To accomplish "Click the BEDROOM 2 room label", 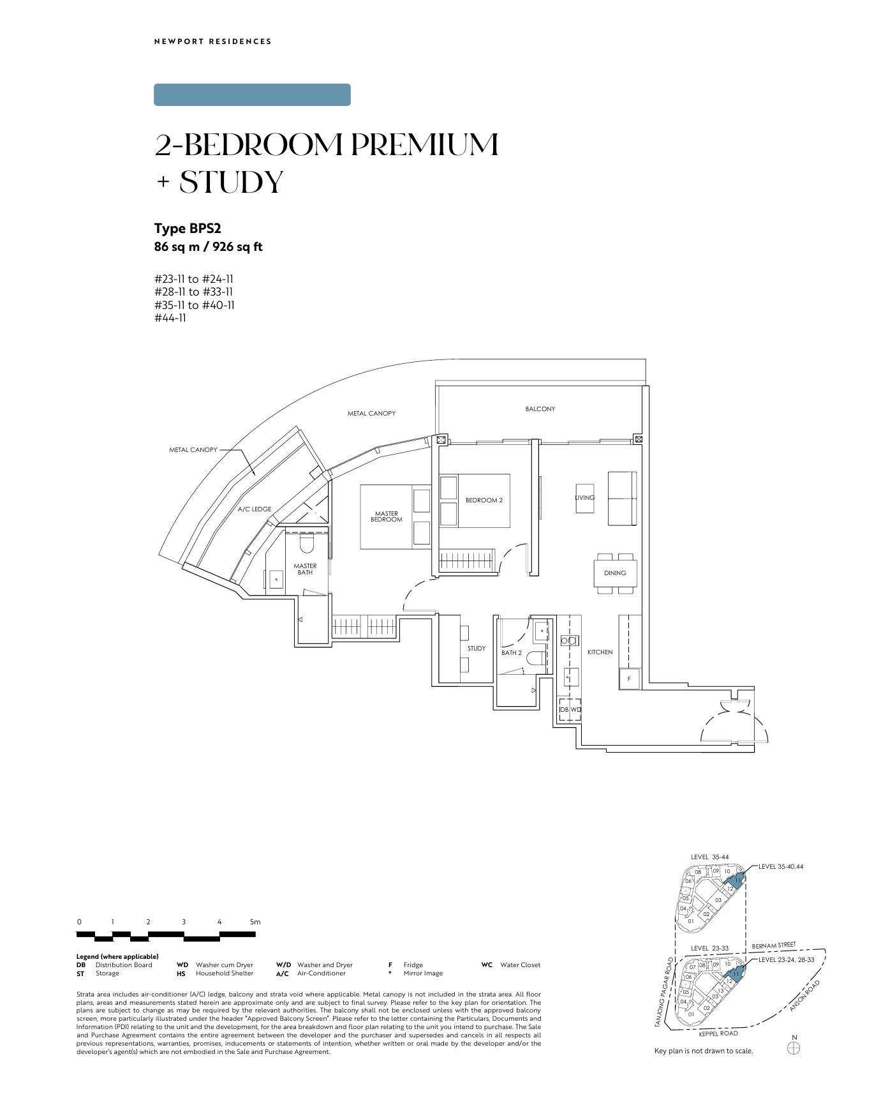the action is coord(484,500).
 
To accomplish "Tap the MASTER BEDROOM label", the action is coord(387,516).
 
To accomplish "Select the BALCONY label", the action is coord(540,409).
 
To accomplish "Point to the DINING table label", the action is coord(615,573).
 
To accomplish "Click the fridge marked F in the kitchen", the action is coord(629,679).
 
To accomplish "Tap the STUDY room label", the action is coord(477,649).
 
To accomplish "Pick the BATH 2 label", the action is coord(512,653).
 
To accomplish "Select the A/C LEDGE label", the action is coord(255,509).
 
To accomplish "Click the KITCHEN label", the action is coord(600,652).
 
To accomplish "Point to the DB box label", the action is coord(564,709).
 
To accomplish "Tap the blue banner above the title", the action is coord(252,94).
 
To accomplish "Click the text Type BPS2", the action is coord(188,229).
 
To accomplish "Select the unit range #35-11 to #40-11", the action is coord(195,305).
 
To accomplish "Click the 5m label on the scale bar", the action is coord(255,922).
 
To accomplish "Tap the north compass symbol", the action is coord(794,1048).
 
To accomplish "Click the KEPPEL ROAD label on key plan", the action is coord(718,1034).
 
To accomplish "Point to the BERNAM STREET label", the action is coord(774,945).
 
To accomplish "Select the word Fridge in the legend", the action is coord(413,965).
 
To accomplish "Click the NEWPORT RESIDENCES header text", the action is coord(213,41).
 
